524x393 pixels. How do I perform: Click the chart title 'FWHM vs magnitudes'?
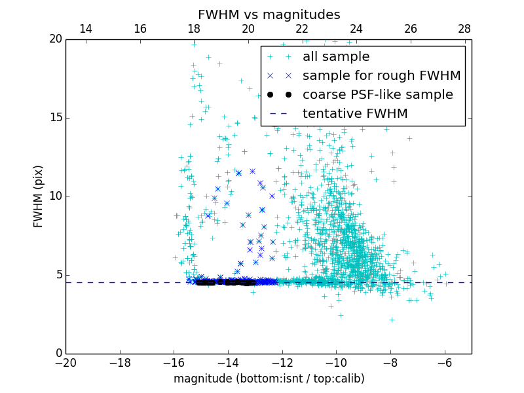[269, 14]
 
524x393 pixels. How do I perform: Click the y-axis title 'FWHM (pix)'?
[39, 196]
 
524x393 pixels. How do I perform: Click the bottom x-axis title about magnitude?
[269, 379]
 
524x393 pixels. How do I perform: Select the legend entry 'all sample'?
[335, 57]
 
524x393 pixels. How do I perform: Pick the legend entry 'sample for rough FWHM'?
[381, 76]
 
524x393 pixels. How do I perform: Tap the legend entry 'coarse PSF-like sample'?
[377, 95]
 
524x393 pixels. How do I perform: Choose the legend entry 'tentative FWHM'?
[354, 114]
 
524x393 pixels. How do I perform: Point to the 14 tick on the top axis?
[86, 29]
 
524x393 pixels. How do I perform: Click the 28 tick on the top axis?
[464, 29]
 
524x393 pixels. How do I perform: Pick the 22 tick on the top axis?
[302, 29]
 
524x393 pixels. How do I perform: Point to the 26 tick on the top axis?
[411, 29]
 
